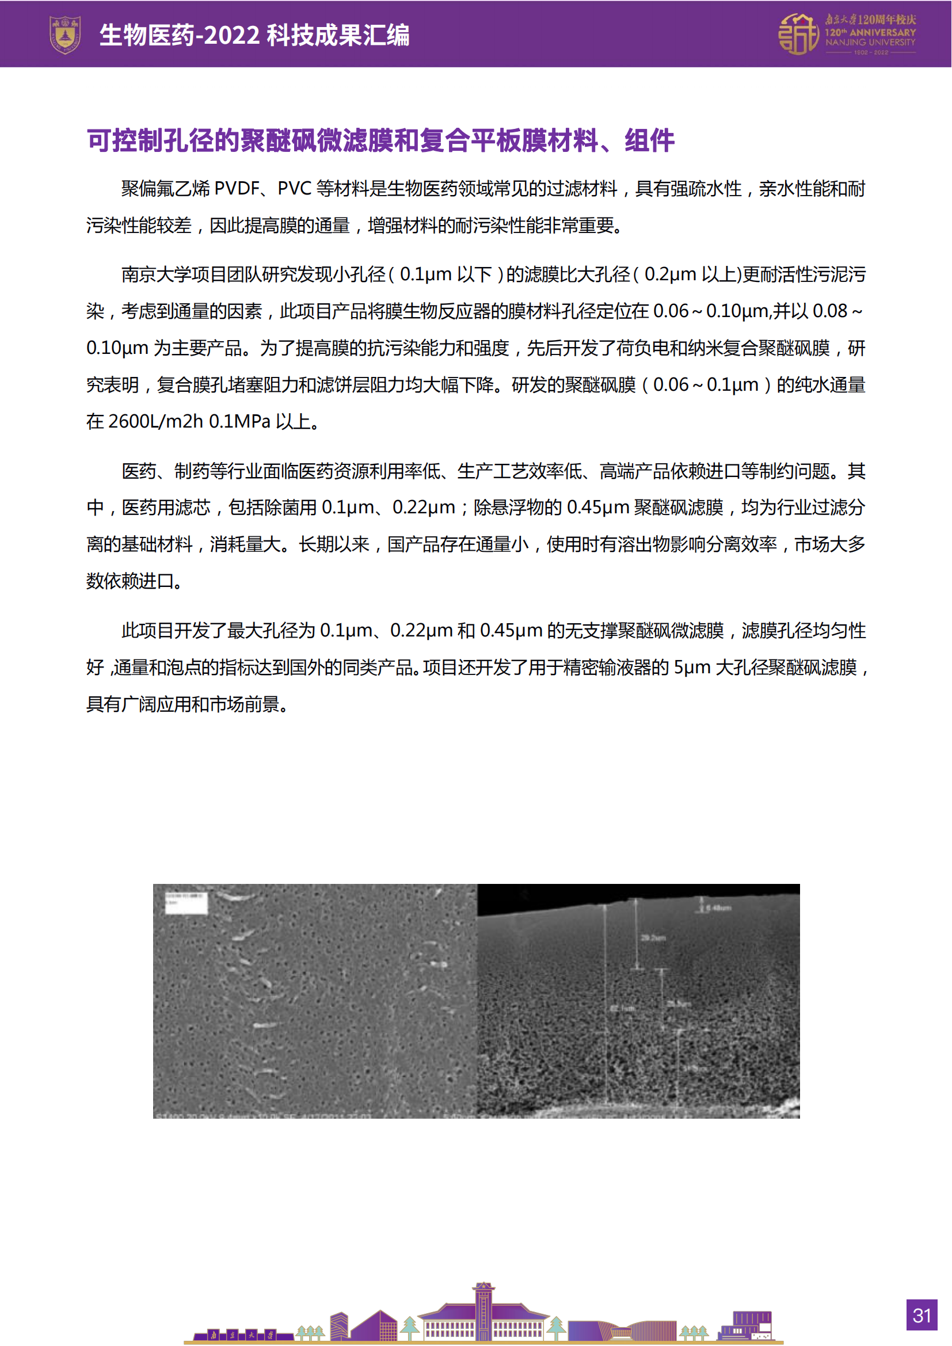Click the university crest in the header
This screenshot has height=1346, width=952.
[x=64, y=35]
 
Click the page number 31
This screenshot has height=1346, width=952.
[x=921, y=1316]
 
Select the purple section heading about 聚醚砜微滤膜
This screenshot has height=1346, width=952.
[x=380, y=140]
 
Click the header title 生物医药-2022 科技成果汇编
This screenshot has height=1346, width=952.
[x=254, y=35]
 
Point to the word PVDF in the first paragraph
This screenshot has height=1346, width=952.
[x=237, y=189]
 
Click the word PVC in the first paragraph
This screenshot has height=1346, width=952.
[x=294, y=189]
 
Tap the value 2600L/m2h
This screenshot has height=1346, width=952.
[x=156, y=421]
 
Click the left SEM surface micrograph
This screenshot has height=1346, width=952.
[x=315, y=1001]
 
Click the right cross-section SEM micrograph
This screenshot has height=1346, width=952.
[x=638, y=1001]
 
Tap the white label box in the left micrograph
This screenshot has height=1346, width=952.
[x=186, y=903]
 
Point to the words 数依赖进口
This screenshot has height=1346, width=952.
[x=130, y=582]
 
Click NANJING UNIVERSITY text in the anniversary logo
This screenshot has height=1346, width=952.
[x=870, y=43]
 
